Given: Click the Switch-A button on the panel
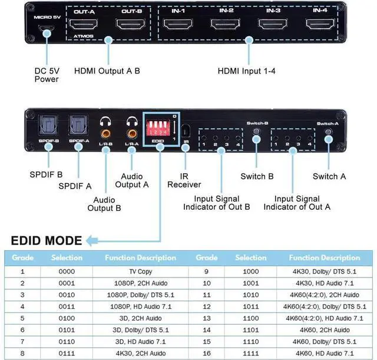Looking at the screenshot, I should (x=328, y=135).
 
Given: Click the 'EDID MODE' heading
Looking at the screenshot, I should (x=46, y=240).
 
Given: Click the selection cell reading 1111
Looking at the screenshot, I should (x=250, y=353).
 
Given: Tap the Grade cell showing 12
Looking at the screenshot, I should (x=207, y=307).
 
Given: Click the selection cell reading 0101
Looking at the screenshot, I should (x=67, y=330).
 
